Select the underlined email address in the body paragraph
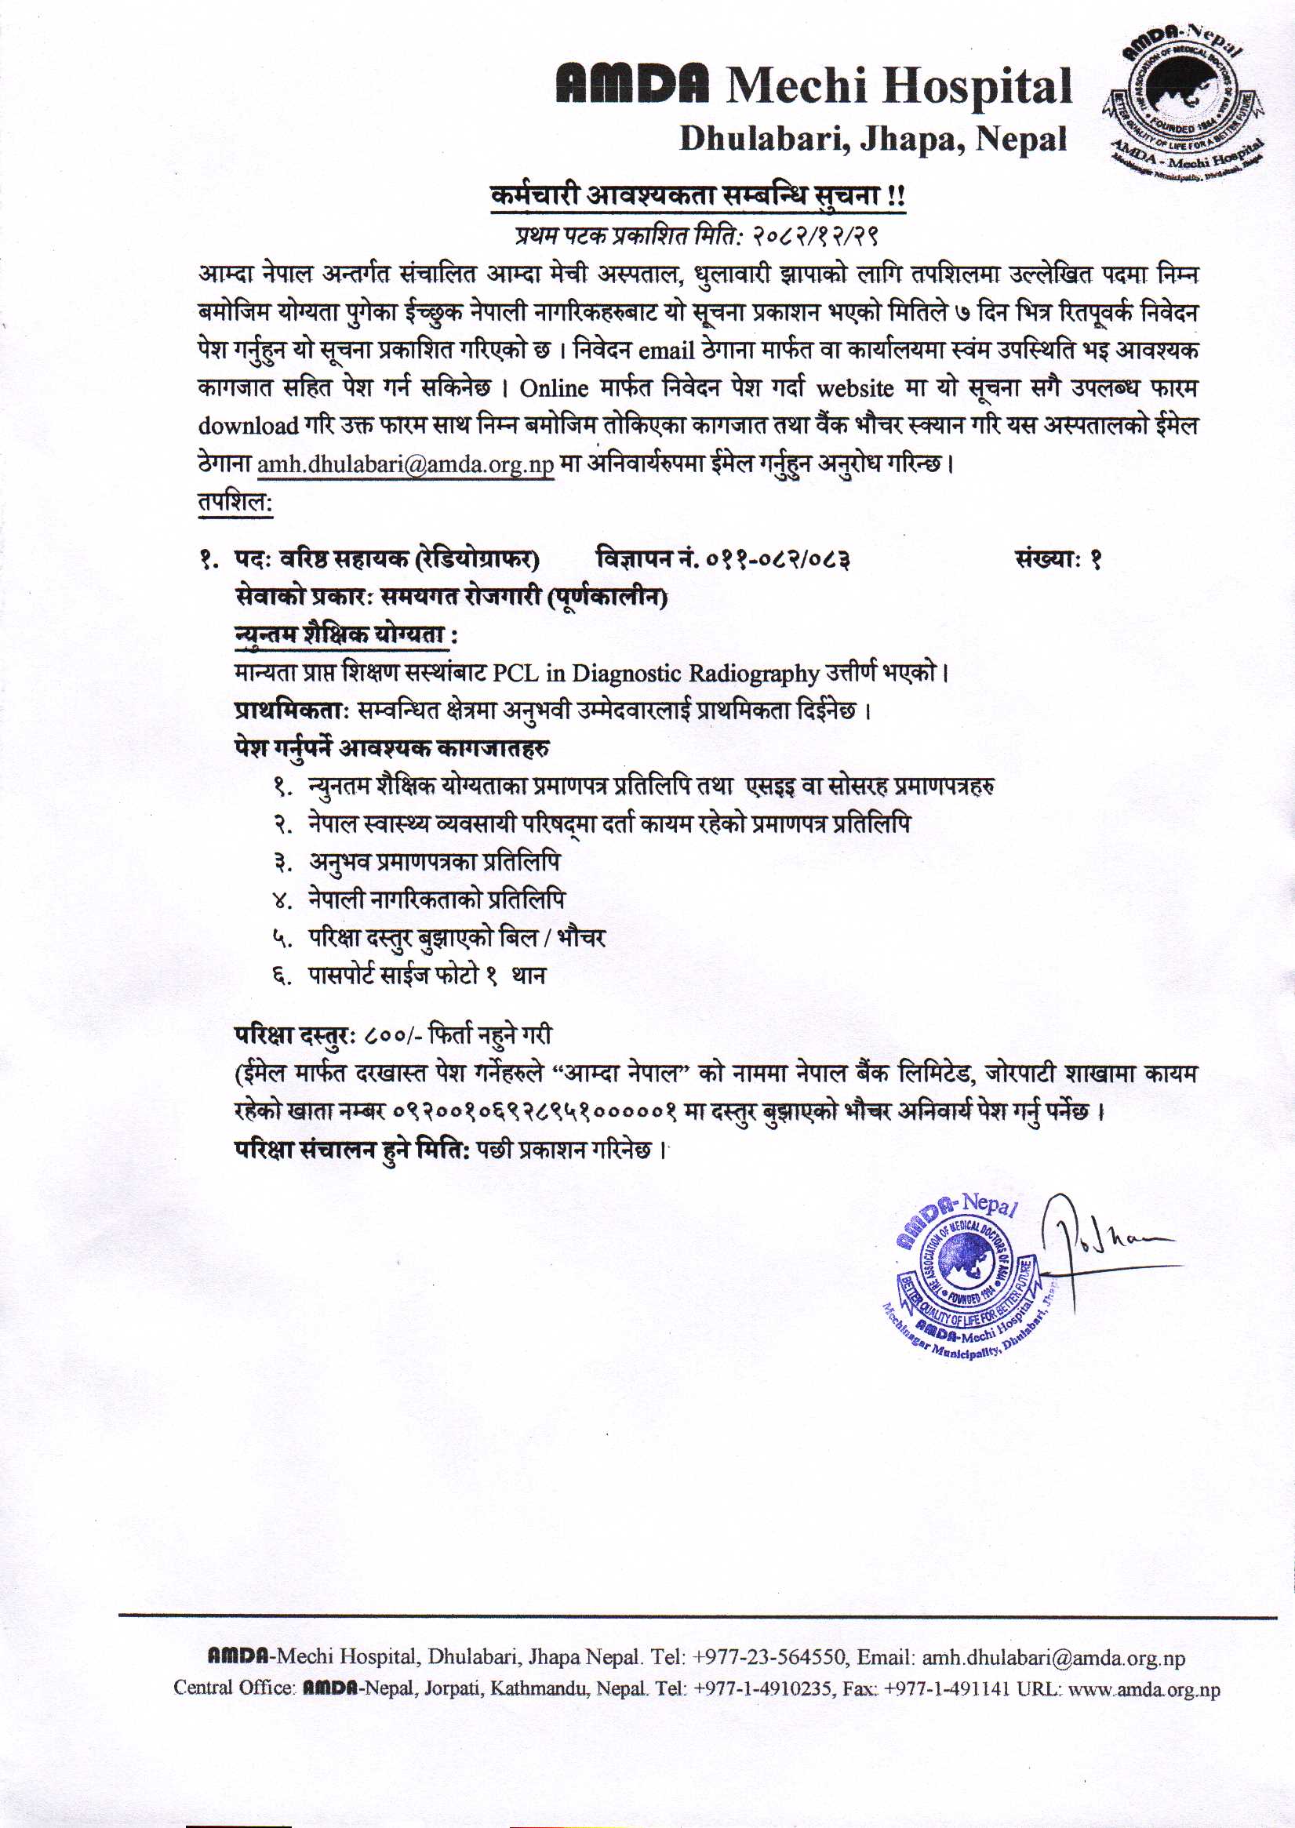(x=405, y=464)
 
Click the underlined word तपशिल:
(x=235, y=502)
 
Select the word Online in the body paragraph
(x=554, y=389)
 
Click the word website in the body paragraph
(x=854, y=389)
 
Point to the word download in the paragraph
(x=248, y=427)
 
